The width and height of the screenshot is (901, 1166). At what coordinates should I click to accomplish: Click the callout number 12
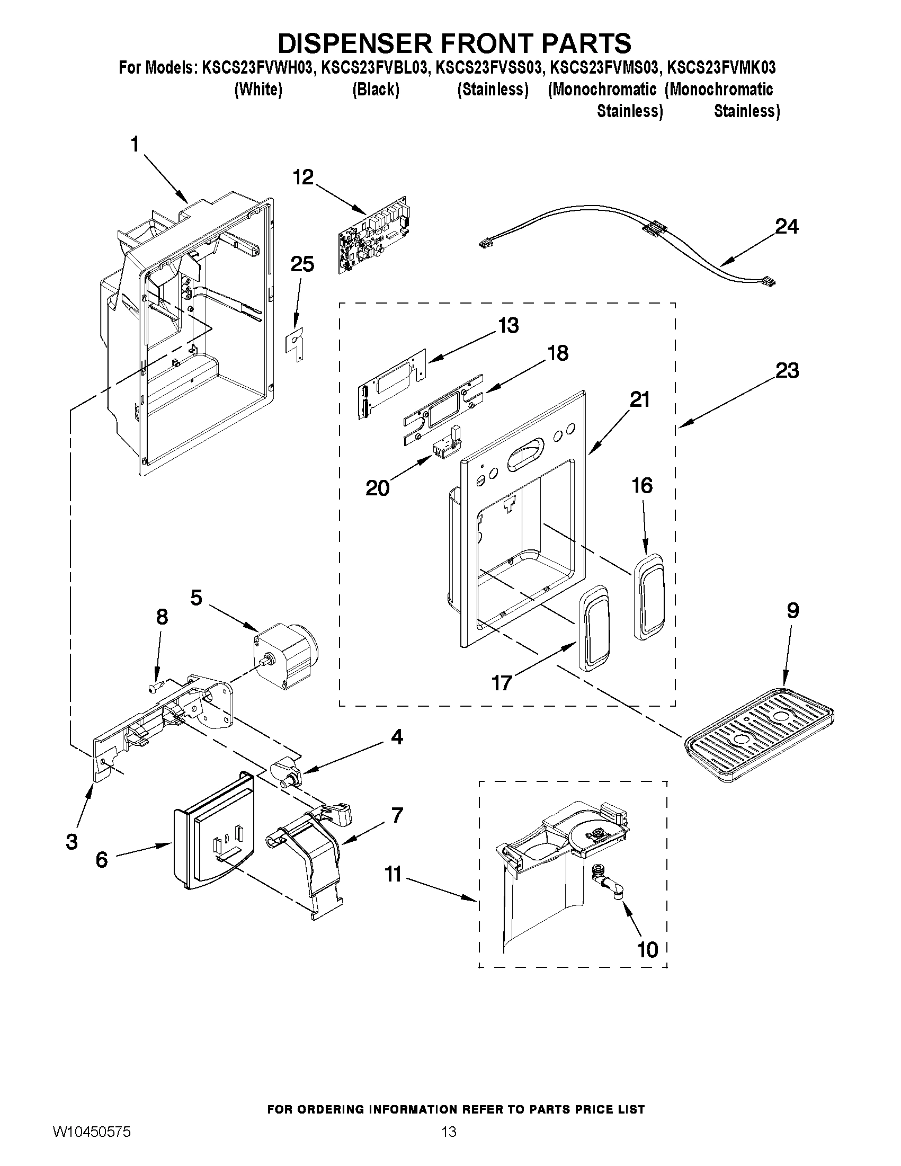click(x=303, y=177)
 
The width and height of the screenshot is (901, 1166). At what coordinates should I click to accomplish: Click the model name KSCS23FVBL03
click(x=374, y=68)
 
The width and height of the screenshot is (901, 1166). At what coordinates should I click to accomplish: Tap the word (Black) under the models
click(x=376, y=90)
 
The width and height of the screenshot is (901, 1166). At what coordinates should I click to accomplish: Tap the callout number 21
click(x=639, y=399)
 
